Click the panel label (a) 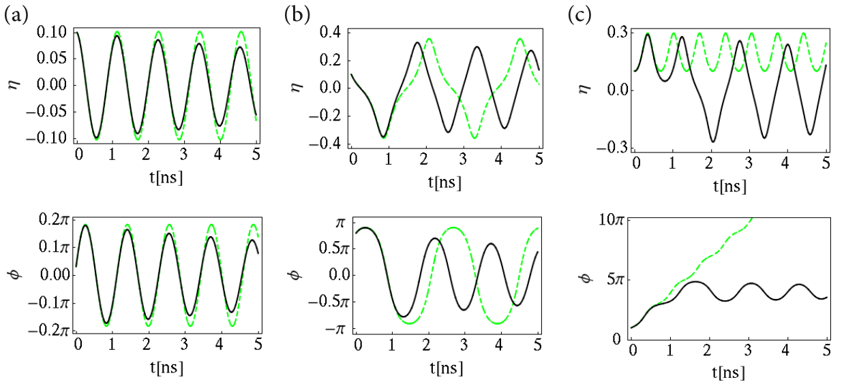[x=16, y=16]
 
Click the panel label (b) [x=297, y=16]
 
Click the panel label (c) [x=579, y=16]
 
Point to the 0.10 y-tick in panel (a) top [x=51, y=32]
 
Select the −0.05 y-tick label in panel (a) [x=46, y=112]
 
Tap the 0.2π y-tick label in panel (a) [x=54, y=220]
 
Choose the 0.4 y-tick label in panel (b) [x=330, y=33]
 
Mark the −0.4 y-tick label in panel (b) [x=325, y=144]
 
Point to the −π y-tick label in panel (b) [x=335, y=330]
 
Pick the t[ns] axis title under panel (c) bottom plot [x=729, y=372]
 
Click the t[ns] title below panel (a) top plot [x=166, y=178]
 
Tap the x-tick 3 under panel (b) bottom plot [x=464, y=346]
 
